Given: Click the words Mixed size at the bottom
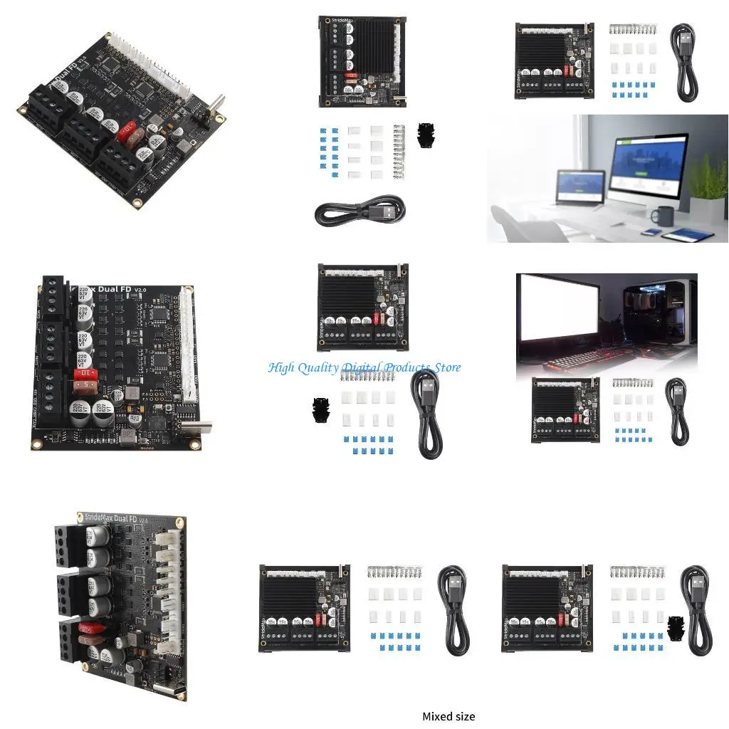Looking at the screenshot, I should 449,716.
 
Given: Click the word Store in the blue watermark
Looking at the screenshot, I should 444,367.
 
